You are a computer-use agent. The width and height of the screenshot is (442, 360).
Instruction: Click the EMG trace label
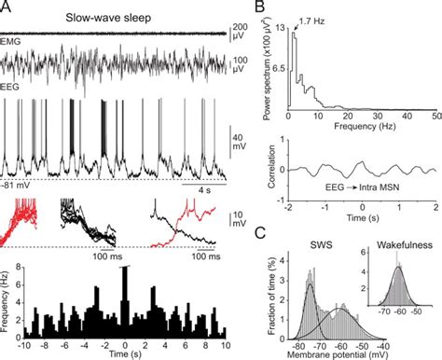(15, 40)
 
